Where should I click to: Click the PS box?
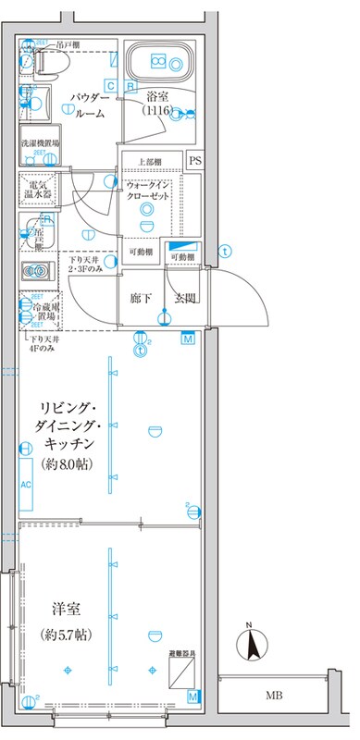pos(194,161)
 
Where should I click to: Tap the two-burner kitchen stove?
pos(39,272)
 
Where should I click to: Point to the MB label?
pos(274,695)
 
